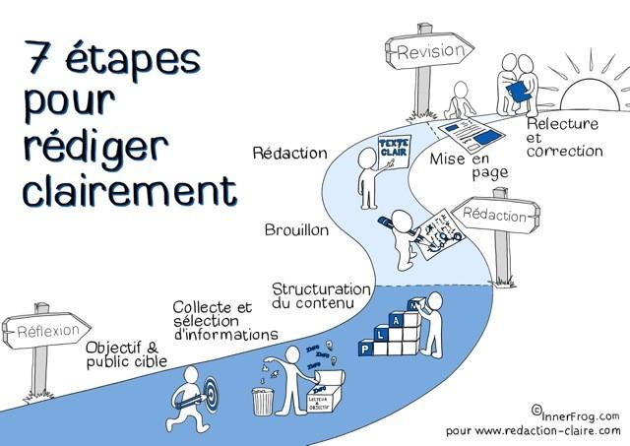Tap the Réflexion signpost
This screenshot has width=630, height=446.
click(x=47, y=332)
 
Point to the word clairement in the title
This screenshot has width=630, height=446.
click(x=130, y=186)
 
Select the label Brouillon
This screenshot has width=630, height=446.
click(x=296, y=231)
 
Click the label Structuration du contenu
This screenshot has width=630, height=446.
click(x=321, y=295)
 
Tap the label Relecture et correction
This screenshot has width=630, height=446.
click(x=564, y=137)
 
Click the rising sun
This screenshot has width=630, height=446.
click(x=581, y=98)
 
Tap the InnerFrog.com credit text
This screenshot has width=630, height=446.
click(x=580, y=414)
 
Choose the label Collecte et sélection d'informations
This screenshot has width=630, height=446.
click(x=224, y=321)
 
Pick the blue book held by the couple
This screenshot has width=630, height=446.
click(x=516, y=91)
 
